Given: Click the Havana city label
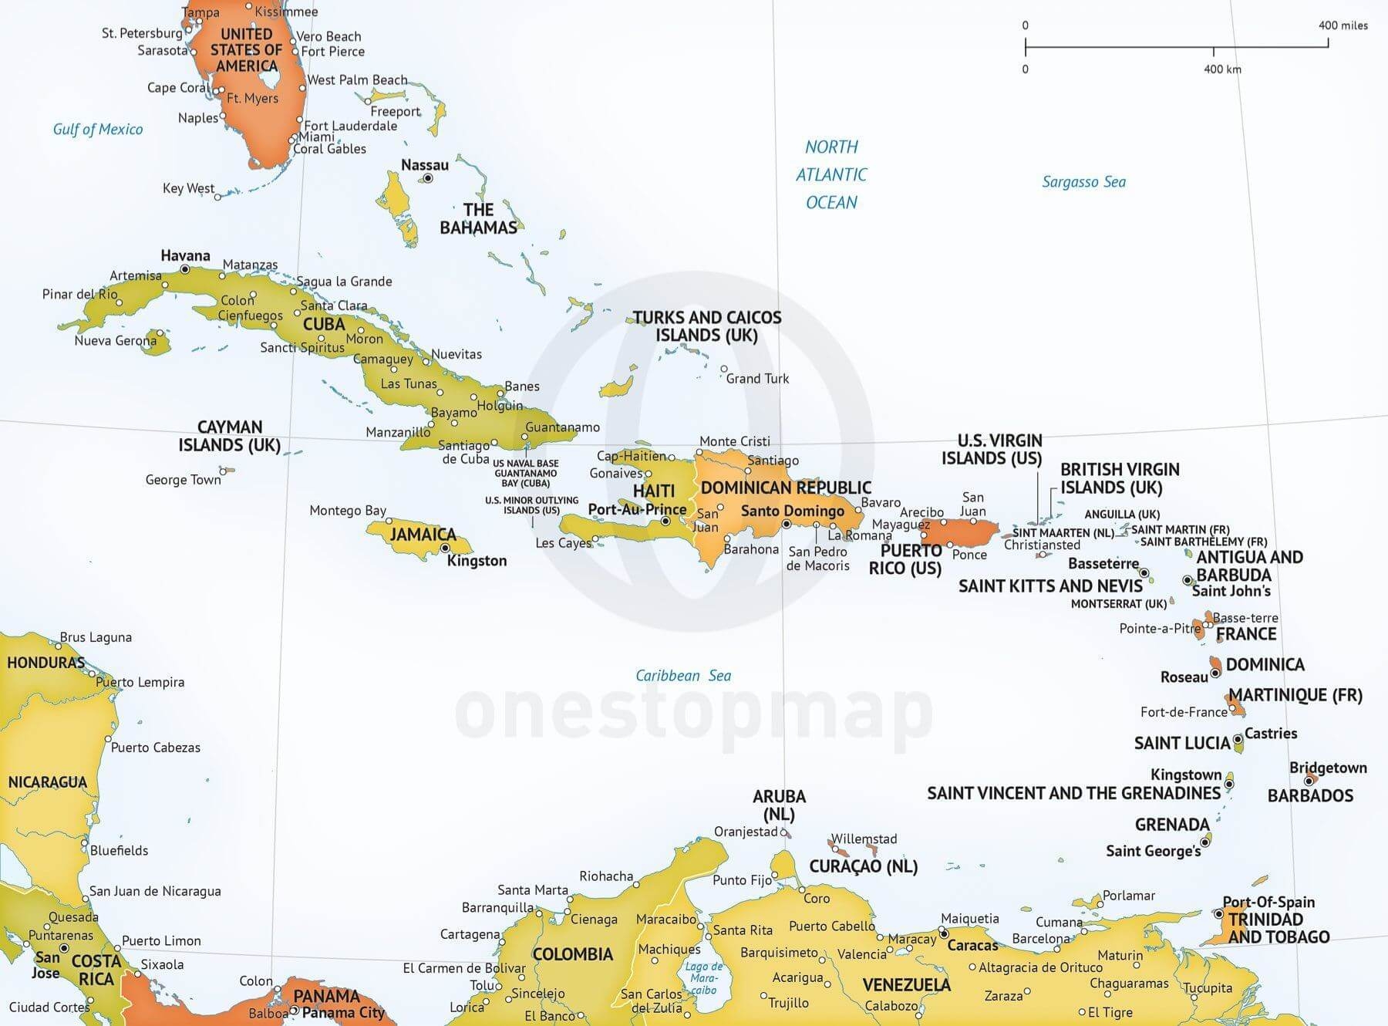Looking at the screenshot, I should pos(185,255).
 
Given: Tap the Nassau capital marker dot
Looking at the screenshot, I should pos(428,178).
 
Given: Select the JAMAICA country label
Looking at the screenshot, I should pos(423,534).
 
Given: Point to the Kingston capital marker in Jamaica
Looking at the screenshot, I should pos(445,548).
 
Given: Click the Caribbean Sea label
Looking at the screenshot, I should pos(682,676).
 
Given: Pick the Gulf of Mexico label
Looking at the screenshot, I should pos(97,129).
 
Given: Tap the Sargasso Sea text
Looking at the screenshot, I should pos(1083,182).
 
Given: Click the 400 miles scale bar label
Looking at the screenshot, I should pos(1343,25).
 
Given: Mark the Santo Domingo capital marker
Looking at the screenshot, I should pos(786,525).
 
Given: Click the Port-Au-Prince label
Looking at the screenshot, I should pos(637,509).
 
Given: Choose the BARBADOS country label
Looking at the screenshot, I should pos(1310,795).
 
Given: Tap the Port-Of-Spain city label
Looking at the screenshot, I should pos(1268,902).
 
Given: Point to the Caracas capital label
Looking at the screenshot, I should pos(972,945).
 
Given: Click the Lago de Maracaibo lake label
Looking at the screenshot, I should pos(703,977).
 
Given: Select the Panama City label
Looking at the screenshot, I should pos(343,1012).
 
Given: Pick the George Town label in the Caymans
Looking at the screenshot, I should pos(183,480).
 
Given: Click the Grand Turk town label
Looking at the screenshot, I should pos(757,379).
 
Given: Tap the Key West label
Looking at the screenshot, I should pos(188,188).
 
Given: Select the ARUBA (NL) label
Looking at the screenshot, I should pos(779,805).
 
